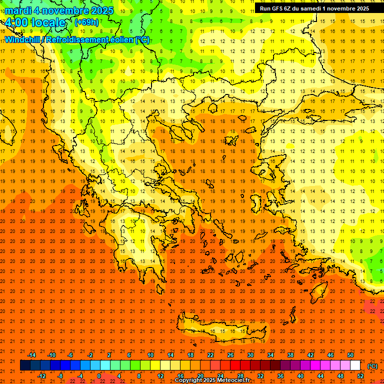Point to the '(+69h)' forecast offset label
point(86,22)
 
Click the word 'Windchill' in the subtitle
point(22,40)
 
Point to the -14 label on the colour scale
point(31,355)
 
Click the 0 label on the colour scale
point(99,376)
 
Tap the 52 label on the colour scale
point(360,376)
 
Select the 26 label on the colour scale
point(230,355)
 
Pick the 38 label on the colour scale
point(290,355)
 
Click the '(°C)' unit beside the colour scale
point(372,366)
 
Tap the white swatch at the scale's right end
point(355,365)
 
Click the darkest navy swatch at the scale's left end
point(25,365)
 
